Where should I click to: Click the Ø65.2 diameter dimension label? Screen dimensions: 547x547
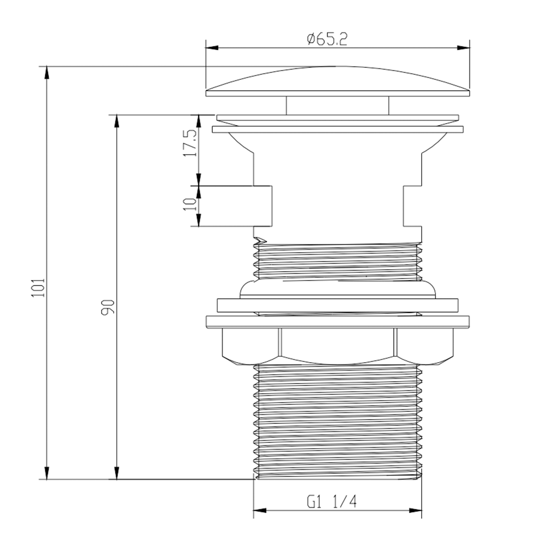click(x=327, y=39)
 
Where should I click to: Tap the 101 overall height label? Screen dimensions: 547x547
click(x=38, y=288)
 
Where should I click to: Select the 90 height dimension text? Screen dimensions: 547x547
click(x=108, y=307)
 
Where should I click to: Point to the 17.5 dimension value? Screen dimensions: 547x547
click(x=191, y=143)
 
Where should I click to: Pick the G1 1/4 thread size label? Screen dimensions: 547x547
click(x=332, y=502)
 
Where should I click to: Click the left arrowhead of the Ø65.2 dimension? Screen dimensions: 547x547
click(x=212, y=48)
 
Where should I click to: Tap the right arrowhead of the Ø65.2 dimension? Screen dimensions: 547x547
click(x=463, y=48)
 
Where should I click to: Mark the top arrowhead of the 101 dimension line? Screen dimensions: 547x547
click(x=46, y=73)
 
